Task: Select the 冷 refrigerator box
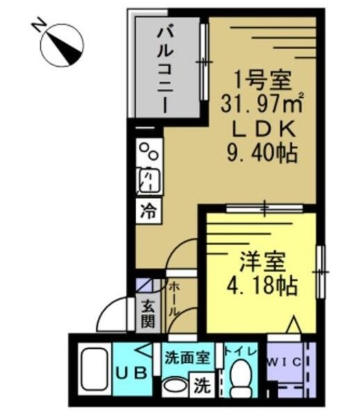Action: tap(149, 211)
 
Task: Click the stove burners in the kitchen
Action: tap(150, 154)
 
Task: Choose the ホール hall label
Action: tap(174, 299)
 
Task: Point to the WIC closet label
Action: tap(284, 361)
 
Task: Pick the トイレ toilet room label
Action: tap(241, 351)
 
